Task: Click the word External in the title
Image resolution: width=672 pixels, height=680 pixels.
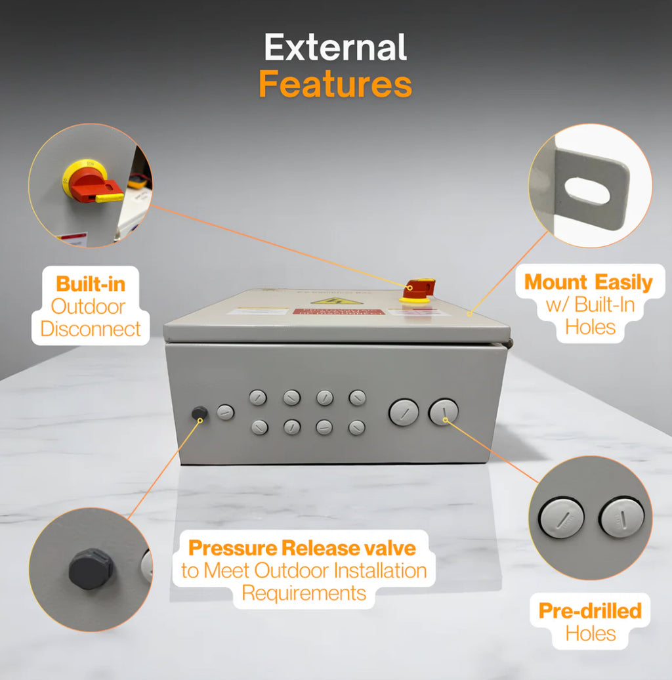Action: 335,49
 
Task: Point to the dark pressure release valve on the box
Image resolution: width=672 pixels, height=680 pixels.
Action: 199,413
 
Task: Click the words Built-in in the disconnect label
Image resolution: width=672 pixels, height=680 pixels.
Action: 91,284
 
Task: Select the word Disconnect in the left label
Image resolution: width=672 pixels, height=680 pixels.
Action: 91,328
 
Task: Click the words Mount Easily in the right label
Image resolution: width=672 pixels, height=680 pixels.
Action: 589,282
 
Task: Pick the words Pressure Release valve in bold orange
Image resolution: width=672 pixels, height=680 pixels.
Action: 302,547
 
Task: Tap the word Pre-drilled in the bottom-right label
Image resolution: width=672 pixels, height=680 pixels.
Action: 590,610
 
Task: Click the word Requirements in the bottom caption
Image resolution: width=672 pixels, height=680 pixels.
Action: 304,593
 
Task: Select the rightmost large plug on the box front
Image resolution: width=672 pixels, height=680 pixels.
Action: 444,412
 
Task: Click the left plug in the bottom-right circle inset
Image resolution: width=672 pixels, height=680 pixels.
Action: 562,519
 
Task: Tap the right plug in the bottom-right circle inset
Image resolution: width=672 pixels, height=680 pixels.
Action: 621,518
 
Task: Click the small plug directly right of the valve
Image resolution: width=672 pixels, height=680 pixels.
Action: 225,413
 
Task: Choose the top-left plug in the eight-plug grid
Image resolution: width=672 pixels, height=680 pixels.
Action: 257,397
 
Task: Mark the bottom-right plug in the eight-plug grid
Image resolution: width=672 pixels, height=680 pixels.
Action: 357,428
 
